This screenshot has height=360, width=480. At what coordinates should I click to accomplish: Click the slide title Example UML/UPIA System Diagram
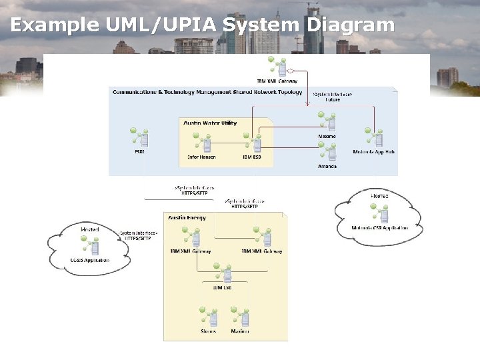pos(202,25)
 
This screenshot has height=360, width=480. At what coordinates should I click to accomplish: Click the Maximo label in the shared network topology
pos(327,136)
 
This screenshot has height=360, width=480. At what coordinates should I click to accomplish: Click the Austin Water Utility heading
pos(211,123)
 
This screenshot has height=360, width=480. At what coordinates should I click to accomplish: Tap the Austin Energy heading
pos(187,218)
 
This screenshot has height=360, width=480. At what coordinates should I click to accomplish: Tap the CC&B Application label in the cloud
pos(89,260)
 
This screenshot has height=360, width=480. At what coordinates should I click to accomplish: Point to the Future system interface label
pos(332,100)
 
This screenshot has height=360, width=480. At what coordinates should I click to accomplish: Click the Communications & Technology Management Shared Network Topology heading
pos(207,92)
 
